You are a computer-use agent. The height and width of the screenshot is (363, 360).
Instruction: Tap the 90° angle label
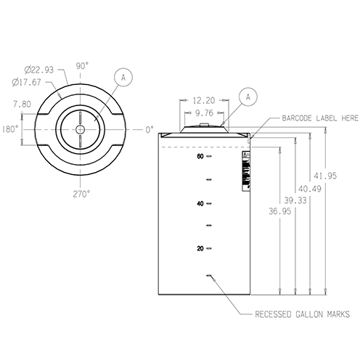click(x=81, y=65)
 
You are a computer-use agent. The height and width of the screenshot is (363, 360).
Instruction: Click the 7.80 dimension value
click(x=22, y=103)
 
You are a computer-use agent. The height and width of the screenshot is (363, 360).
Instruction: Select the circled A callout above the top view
click(x=123, y=76)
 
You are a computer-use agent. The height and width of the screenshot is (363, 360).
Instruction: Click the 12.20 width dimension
click(x=204, y=102)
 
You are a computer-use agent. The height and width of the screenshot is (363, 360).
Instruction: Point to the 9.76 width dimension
click(x=204, y=113)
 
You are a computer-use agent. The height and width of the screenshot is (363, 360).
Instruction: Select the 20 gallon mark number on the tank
click(x=200, y=249)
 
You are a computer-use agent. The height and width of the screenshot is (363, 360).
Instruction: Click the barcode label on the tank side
click(x=245, y=172)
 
